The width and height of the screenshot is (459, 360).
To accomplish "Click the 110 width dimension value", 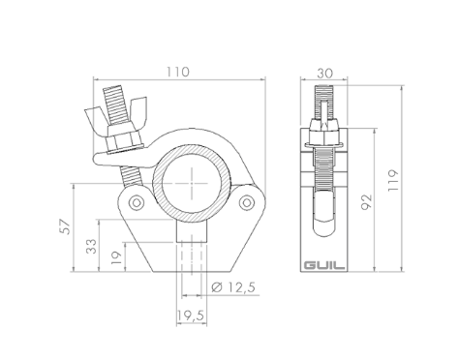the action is point(178,72).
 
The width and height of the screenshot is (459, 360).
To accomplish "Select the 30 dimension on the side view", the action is point(324,74).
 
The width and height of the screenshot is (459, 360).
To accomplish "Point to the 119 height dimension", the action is point(393,180).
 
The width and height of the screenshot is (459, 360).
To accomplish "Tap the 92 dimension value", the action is point(366,202).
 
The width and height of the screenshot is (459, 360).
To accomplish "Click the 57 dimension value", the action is point(66,226).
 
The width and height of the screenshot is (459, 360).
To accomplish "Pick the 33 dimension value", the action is point(91,246).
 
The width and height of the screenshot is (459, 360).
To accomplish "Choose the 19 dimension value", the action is point(116,258).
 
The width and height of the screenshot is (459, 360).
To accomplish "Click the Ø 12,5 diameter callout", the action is point(233,286).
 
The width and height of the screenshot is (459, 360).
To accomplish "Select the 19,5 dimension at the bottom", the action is point(192,315).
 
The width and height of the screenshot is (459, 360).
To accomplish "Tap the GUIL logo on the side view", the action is point(323,266).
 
